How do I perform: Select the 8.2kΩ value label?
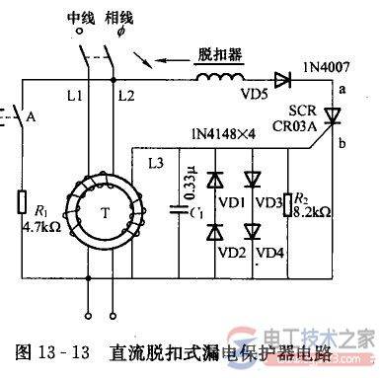[x=313, y=223]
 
